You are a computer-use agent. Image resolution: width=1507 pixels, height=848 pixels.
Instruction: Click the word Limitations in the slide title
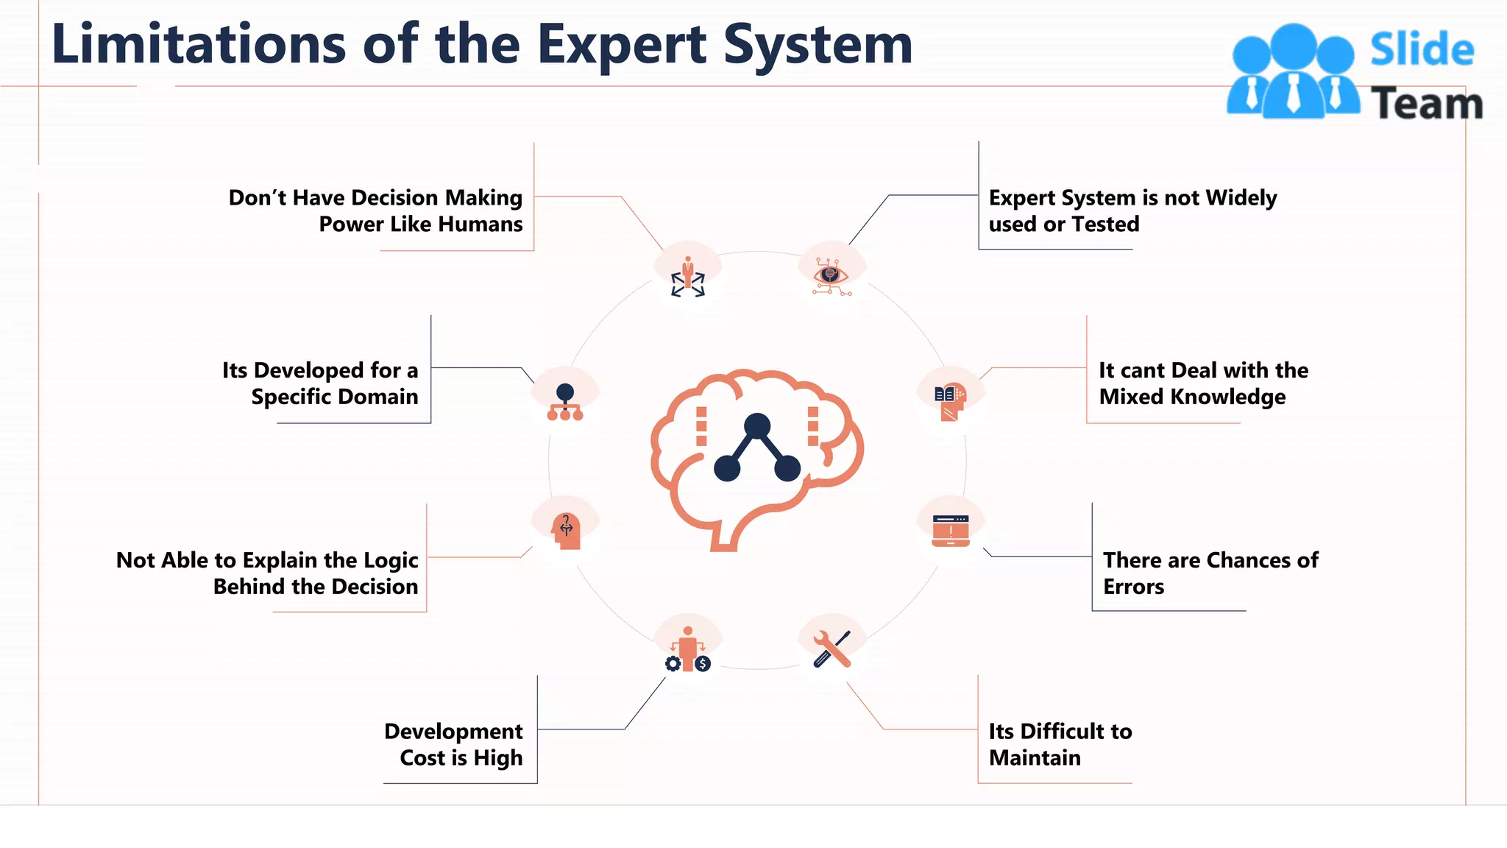coord(199,44)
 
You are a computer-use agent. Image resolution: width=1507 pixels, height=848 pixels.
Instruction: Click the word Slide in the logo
coord(1422,50)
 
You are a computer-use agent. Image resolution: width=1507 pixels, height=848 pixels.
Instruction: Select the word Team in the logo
coord(1426,104)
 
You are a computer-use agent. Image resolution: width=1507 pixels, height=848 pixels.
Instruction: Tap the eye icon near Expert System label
coord(831,276)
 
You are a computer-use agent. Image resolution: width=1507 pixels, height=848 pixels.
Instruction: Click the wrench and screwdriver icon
coord(831,649)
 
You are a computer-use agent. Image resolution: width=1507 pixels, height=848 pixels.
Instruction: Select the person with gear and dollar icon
coord(688,650)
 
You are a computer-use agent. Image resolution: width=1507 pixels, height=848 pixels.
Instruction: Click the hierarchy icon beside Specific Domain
coord(565,402)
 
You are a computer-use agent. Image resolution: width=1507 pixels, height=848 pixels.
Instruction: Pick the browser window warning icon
coord(950,531)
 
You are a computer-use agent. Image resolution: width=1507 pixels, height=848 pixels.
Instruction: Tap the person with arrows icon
coord(688,277)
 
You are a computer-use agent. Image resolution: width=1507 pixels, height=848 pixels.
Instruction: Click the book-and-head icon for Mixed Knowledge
coord(950,402)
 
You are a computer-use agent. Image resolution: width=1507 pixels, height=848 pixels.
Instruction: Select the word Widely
coord(1241,197)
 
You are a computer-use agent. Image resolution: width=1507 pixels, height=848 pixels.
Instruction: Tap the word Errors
coord(1133,587)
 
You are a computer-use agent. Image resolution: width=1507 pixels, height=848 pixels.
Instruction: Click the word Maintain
coord(1035,757)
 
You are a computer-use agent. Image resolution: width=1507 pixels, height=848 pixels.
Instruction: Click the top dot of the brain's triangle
coord(756,425)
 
